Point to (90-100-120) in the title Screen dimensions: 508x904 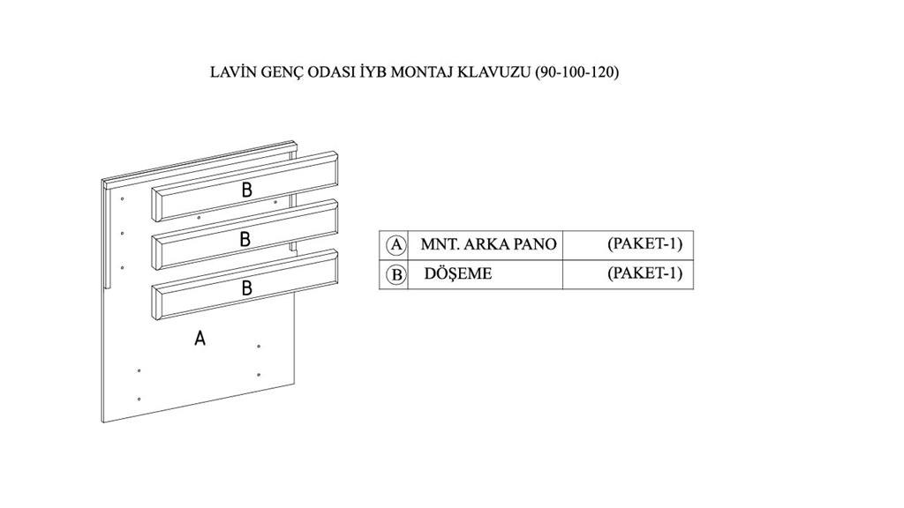coord(577,72)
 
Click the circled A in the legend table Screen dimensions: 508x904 coord(396,244)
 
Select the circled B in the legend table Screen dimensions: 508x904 coord(396,275)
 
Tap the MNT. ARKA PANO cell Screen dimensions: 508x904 coord(488,244)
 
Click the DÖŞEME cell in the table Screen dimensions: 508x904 coord(458,274)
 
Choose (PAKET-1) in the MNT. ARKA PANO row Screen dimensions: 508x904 coord(644,243)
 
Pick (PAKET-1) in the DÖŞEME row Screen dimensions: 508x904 coord(644,273)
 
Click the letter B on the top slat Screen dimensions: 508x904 coord(247,189)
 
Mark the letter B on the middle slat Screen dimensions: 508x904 coord(245,238)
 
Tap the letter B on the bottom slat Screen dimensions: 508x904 coord(247,288)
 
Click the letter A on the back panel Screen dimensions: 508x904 coord(200,337)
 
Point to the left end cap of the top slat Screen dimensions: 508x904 coord(156,205)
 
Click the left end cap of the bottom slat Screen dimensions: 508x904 coord(156,304)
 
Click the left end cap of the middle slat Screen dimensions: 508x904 coord(156,253)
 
